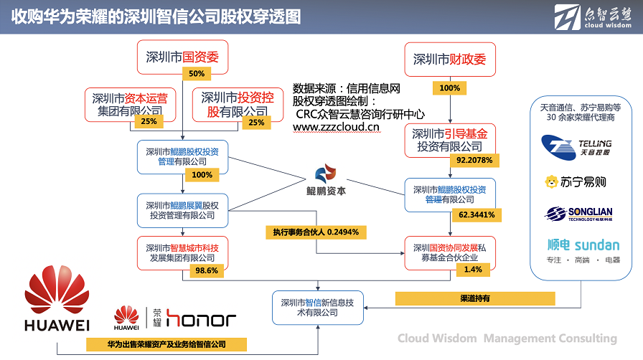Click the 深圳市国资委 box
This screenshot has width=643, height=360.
pyautogui.click(x=182, y=57)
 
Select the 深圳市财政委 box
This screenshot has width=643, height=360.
pyautogui.click(x=449, y=60)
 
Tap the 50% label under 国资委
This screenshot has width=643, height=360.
pyautogui.click(x=197, y=74)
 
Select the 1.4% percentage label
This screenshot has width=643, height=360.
pyautogui.click(x=473, y=269)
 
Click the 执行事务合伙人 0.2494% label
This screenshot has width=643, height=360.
pyautogui.click(x=316, y=232)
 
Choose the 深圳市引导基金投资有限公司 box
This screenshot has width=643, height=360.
pyautogui.click(x=450, y=140)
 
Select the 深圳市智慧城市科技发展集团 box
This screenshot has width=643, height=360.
pyautogui.click(x=182, y=252)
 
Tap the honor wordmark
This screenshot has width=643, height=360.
pyautogui.click(x=201, y=319)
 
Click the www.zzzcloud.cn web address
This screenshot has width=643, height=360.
pyautogui.click(x=336, y=127)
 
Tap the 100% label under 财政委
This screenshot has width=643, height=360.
pyautogui.click(x=449, y=88)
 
